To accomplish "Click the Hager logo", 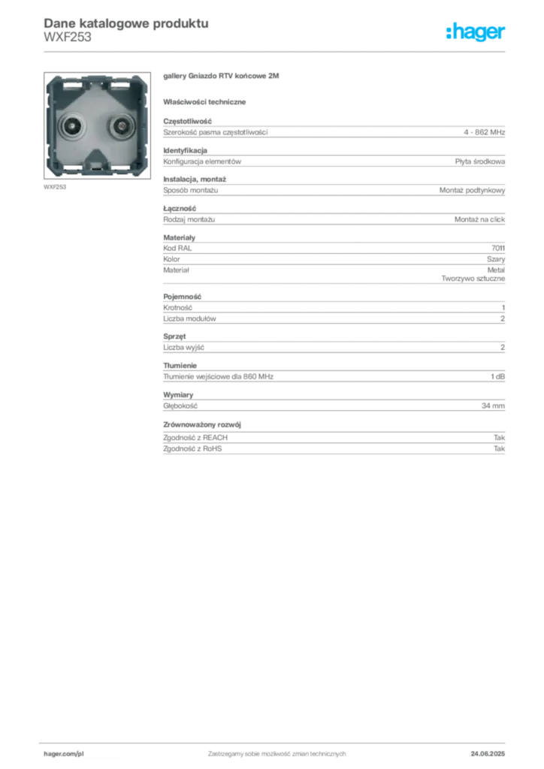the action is tap(475, 32).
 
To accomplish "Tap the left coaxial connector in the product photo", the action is tap(73, 126).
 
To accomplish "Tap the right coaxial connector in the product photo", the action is tap(121, 126).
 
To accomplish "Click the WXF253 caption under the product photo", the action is tap(55, 187).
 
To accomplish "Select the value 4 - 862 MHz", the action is tap(484, 132).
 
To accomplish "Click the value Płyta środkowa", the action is tap(479, 161).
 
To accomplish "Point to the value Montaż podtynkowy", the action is tap(472, 190).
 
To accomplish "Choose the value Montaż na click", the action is tap(479, 219).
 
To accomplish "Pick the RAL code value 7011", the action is tap(498, 248).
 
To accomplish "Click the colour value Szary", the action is tap(496, 259).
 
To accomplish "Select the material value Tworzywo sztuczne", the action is tap(473, 279).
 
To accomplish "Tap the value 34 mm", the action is tap(493, 406).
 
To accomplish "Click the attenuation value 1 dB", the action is tap(498, 377).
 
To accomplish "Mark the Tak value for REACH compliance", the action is tap(500, 438).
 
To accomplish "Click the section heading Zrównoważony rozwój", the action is tap(202, 425).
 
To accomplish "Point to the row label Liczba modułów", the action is tap(189, 318).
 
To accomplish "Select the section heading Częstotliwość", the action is tap(187, 121).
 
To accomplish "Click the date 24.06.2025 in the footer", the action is tap(488, 754).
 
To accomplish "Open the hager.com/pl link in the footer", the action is tap(64, 754).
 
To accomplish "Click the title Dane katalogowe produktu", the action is tap(126, 23).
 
